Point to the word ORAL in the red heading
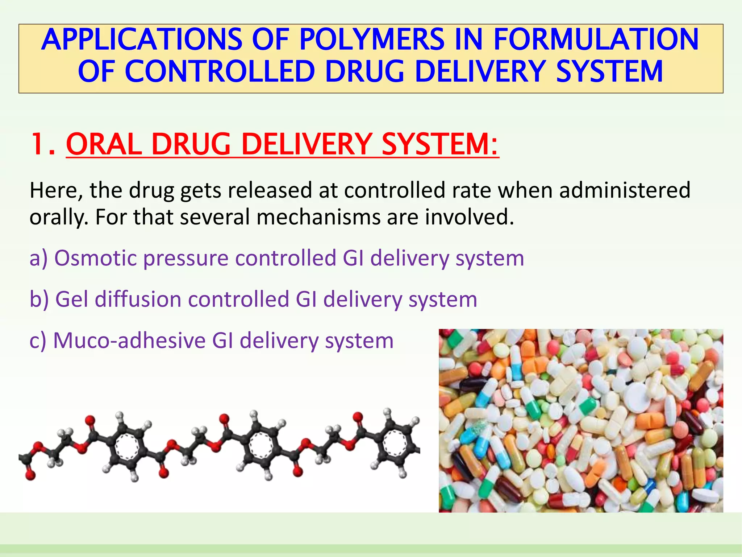(x=104, y=144)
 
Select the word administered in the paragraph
(x=625, y=190)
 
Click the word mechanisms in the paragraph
(x=318, y=217)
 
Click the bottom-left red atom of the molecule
(x=30, y=475)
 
